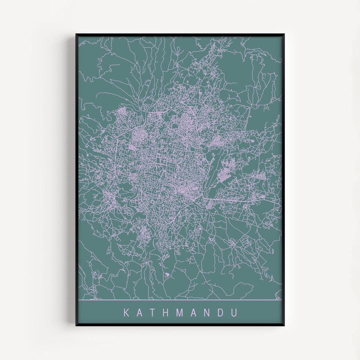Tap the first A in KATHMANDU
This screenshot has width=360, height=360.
tap(140, 313)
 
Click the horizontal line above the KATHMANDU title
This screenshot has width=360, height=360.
tap(180, 300)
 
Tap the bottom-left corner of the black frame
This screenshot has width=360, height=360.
tap(76, 325)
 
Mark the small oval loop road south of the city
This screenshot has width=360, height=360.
tap(167, 274)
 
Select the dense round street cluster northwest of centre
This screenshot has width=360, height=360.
tap(138, 137)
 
